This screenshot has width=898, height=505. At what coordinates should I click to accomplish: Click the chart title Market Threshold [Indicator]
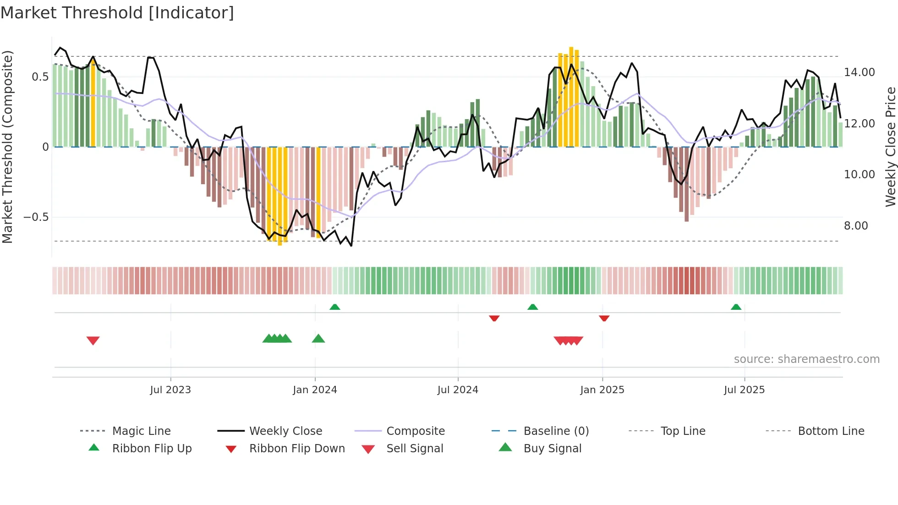point(117,13)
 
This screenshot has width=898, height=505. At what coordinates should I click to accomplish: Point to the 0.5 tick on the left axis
point(40,77)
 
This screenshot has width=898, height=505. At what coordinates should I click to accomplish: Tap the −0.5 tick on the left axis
point(36,217)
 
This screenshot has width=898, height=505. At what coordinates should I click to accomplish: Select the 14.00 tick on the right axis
point(859,72)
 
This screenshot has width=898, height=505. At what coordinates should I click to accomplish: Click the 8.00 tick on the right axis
point(855,226)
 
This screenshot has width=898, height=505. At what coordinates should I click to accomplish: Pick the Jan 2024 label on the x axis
point(315,390)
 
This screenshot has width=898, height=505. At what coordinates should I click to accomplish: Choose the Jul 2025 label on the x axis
point(744,390)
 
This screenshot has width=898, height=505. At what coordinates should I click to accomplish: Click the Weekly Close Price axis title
point(890,147)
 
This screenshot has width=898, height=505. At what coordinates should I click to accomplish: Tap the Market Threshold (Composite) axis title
point(7,147)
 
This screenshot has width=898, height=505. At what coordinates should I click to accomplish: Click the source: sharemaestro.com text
point(806,359)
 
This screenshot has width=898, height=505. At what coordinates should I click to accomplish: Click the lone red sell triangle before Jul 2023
point(93,340)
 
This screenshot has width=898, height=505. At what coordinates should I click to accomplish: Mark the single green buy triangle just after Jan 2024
point(318,339)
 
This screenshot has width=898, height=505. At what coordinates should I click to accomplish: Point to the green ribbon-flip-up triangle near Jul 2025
point(736,307)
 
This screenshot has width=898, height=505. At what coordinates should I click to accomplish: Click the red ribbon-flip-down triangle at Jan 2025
point(604,318)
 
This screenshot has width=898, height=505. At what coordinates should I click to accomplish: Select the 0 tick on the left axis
point(45,147)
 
